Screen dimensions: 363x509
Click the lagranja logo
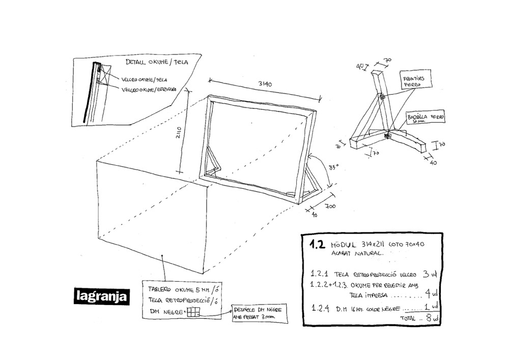point(101,296)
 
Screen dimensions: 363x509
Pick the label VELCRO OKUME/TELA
point(145,79)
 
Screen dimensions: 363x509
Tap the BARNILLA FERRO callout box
point(426,118)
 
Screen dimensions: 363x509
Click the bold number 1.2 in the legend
point(317,244)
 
